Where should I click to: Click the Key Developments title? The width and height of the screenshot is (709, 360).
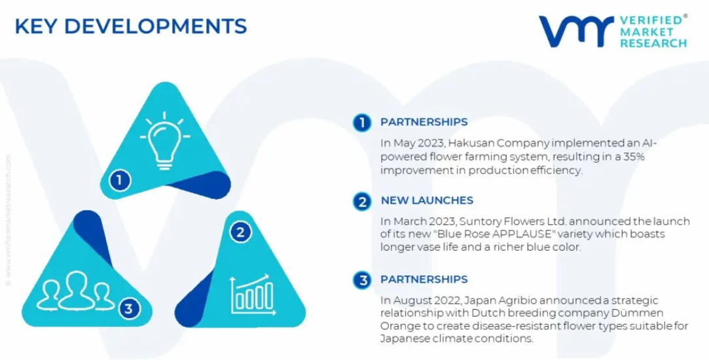(x=131, y=26)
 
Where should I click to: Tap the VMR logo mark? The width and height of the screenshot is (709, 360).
(x=576, y=31)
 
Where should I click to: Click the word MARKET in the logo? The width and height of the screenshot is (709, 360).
(x=647, y=31)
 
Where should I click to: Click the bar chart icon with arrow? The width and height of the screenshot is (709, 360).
(x=253, y=295)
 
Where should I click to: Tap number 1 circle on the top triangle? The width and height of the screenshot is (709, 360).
(x=120, y=181)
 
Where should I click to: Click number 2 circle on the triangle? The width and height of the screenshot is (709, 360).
(x=240, y=232)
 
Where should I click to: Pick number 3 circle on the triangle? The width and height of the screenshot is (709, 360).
(x=129, y=308)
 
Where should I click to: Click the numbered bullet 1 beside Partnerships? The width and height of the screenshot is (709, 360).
(x=362, y=122)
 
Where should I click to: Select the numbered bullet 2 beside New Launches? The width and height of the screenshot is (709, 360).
(x=362, y=201)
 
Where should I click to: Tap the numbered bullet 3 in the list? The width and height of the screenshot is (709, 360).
(x=362, y=280)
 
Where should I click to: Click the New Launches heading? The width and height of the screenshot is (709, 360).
(x=427, y=200)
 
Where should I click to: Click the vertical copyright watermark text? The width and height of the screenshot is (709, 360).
(x=8, y=220)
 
